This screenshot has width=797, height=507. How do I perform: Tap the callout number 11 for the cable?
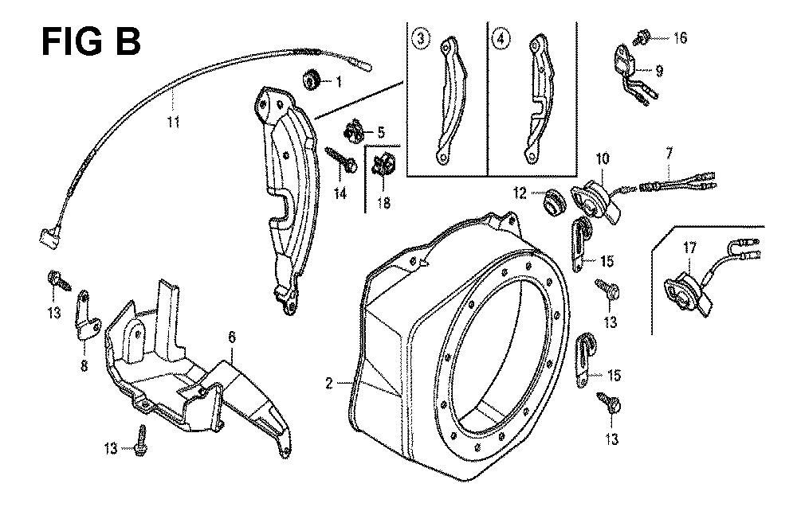pos(174,123)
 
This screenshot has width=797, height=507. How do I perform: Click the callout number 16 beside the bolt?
pos(679,37)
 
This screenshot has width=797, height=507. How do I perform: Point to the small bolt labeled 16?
pos(644,35)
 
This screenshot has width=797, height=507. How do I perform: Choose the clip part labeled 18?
pos(381,167)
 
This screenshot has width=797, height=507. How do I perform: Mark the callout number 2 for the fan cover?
pos(328,384)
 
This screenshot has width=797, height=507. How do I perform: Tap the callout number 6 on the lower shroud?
pos(233,339)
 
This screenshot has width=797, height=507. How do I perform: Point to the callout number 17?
pos(690,248)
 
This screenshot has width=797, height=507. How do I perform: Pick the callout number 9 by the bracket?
pos(659,70)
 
